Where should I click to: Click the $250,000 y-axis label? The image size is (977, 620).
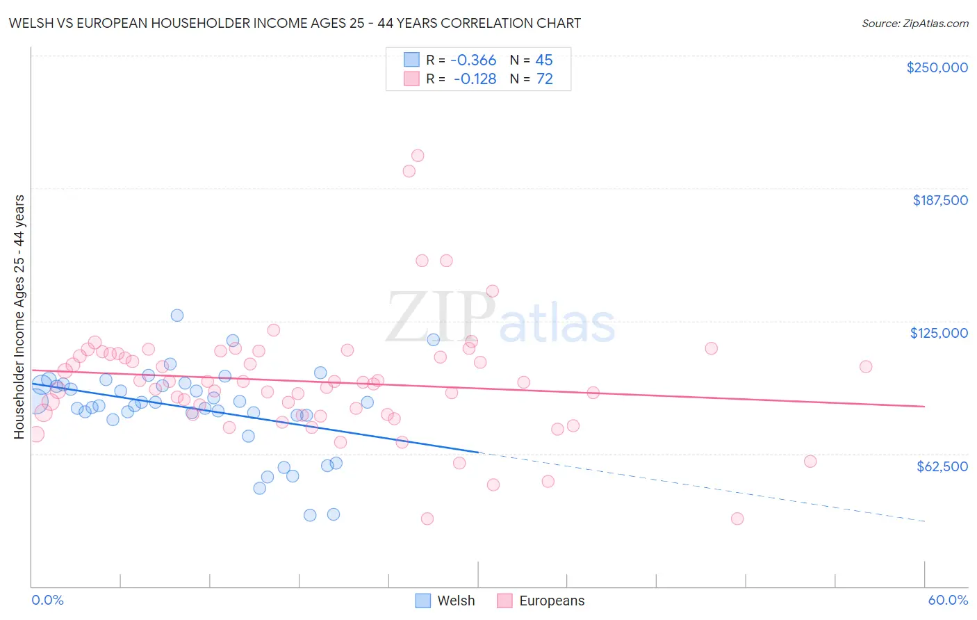(937, 67)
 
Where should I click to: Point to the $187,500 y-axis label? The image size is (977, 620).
(939, 200)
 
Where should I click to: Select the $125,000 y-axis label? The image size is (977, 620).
(939, 333)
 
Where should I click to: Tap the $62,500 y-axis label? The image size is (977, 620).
(942, 466)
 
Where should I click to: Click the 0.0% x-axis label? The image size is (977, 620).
(47, 600)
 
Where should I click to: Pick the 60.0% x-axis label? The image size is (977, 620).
(948, 600)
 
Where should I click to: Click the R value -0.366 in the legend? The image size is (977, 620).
(473, 60)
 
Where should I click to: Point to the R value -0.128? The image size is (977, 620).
(475, 79)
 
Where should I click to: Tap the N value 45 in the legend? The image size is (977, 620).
(543, 60)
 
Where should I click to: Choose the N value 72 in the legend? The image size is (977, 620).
(544, 79)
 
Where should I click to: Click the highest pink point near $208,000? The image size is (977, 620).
(418, 156)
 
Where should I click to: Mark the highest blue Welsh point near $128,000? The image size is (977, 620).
(177, 316)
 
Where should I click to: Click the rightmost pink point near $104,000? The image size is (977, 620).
(866, 366)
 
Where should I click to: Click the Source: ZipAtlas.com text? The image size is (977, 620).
(914, 23)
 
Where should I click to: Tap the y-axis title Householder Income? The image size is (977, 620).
(19, 316)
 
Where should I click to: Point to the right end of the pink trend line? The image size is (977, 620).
(924, 406)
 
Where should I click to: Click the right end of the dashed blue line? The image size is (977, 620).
(924, 521)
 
